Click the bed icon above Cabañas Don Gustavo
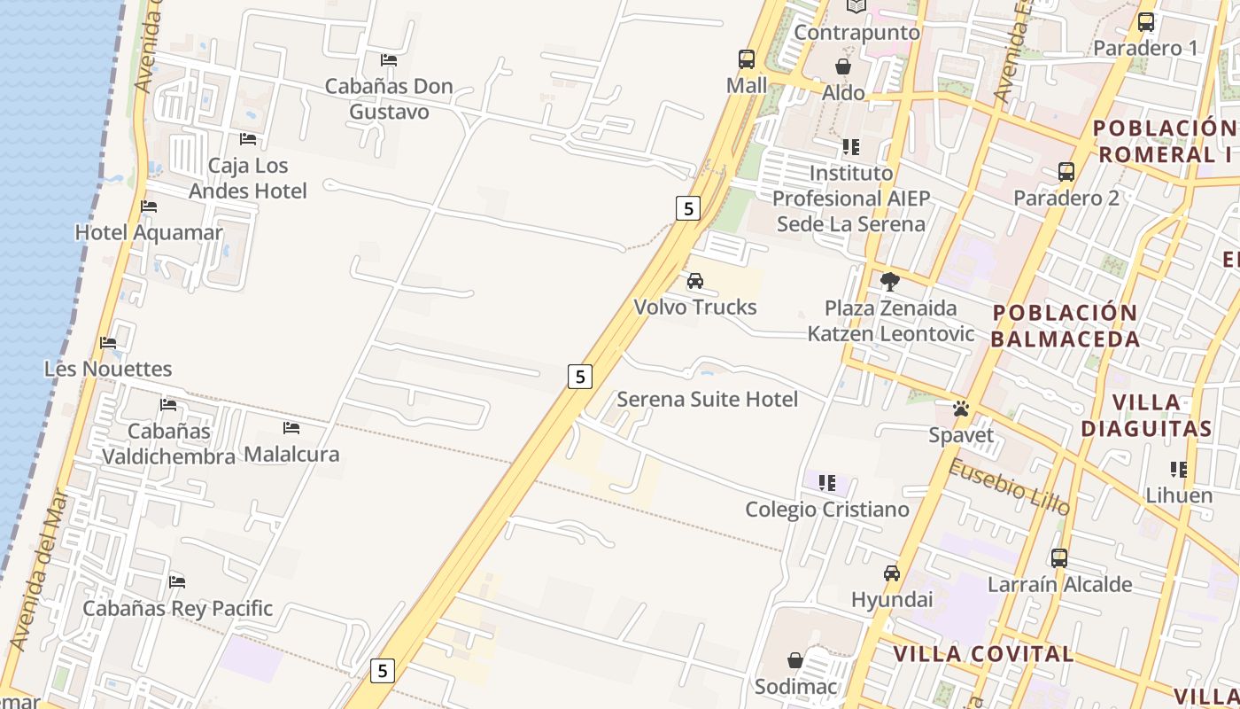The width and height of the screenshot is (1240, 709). tap(388, 60)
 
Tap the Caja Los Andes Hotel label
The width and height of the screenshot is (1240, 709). tap(248, 178)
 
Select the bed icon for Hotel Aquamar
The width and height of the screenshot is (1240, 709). tap(149, 206)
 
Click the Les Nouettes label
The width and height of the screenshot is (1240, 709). tap(108, 368)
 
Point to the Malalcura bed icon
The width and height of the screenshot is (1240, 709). tap(291, 428)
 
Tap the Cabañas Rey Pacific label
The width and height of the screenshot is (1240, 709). tap(177, 609)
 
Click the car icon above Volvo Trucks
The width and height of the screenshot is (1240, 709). tap(695, 281)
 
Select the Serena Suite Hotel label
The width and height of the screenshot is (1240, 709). tap(707, 399)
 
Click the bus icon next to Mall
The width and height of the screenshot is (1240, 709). tap(747, 59)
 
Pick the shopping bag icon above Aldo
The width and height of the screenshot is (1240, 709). tap(843, 66)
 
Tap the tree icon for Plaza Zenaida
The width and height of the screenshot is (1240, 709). tap(890, 282)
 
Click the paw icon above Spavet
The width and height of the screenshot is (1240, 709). tap(961, 409)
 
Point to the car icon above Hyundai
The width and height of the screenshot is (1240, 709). tap(892, 573)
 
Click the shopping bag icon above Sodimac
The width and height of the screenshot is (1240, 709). tap(795, 660)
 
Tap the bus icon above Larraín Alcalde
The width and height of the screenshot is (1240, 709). tap(1059, 558)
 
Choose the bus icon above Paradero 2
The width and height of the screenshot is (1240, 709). tap(1066, 172)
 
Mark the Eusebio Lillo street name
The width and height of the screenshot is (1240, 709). tap(1009, 487)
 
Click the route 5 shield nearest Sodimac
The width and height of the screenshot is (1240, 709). tap(382, 670)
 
